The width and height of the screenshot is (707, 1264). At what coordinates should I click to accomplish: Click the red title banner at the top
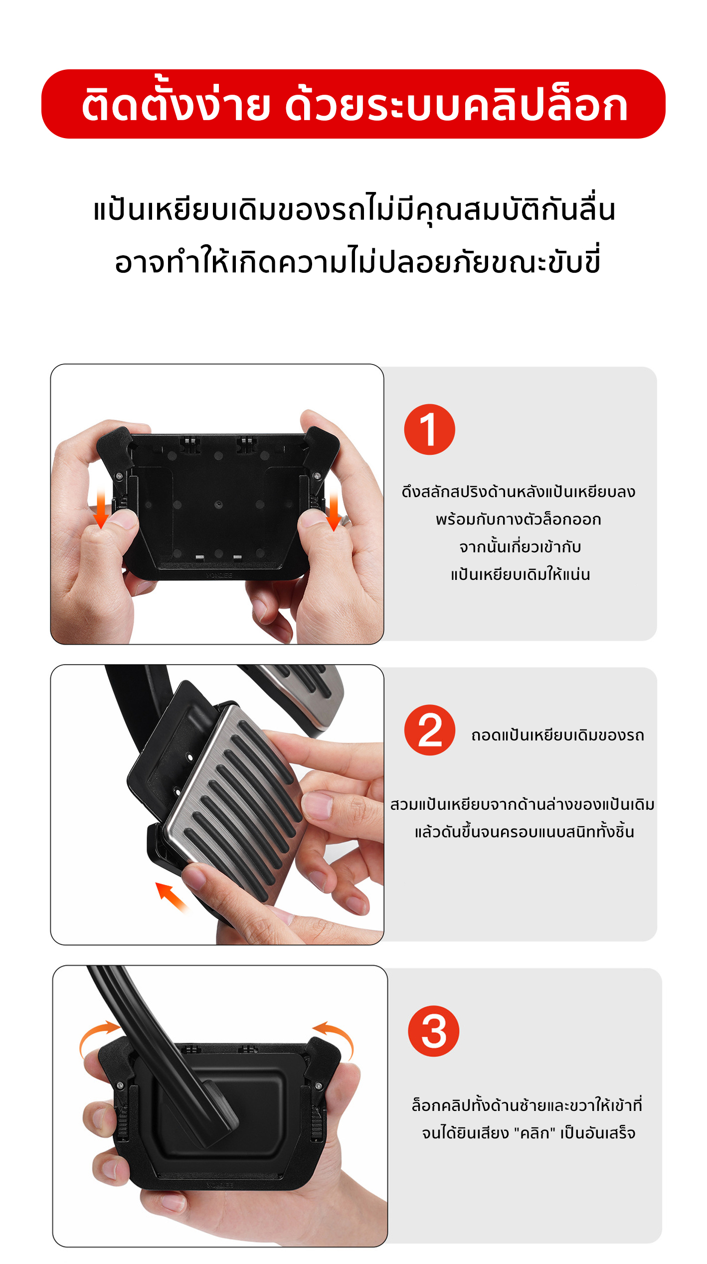pyautogui.click(x=353, y=104)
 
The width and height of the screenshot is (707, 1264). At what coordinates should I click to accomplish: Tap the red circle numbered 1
pyautogui.click(x=429, y=429)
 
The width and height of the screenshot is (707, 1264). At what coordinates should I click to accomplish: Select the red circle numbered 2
pyautogui.click(x=429, y=730)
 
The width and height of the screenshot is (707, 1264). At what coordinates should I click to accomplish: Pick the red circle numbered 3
pyautogui.click(x=433, y=1031)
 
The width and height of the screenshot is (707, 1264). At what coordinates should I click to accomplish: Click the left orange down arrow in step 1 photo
pyautogui.click(x=101, y=508)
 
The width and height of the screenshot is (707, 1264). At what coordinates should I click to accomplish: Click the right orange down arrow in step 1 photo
pyautogui.click(x=334, y=510)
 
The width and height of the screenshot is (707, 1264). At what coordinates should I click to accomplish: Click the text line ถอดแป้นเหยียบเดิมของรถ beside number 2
pyautogui.click(x=557, y=735)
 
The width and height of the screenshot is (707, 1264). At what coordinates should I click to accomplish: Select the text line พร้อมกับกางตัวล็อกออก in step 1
pyautogui.click(x=519, y=519)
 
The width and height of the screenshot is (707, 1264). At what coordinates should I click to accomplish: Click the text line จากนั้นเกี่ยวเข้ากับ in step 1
pyautogui.click(x=520, y=546)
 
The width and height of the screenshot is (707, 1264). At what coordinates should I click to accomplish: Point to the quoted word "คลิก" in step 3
pyautogui.click(x=534, y=1133)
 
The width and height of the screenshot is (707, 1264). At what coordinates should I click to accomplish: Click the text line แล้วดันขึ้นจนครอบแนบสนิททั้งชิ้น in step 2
pyautogui.click(x=525, y=831)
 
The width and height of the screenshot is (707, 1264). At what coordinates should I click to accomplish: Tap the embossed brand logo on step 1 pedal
pyautogui.click(x=219, y=575)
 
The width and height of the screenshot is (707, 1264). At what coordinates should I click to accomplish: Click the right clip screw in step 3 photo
pyautogui.click(x=318, y=1086)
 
